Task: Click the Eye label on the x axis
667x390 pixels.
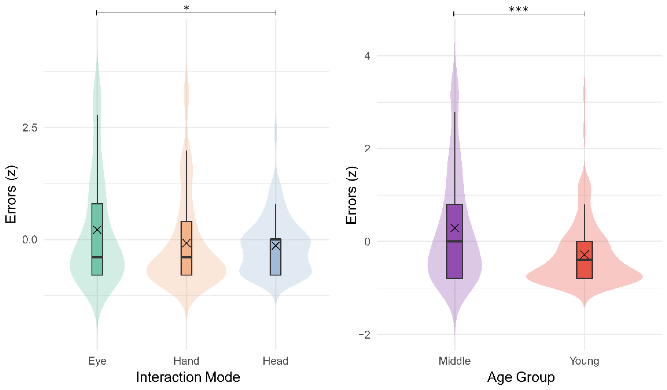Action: point(97,361)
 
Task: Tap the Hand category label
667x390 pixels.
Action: point(186,361)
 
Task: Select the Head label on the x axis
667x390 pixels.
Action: point(275,361)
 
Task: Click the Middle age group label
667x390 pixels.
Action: point(454,361)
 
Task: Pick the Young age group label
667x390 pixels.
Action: point(584,361)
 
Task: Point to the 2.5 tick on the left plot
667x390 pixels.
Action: point(30,128)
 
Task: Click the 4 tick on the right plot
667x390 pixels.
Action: point(367,56)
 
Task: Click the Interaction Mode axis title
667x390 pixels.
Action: point(188,377)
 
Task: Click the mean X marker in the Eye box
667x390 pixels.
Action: point(97,229)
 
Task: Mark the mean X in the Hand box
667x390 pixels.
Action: point(186,243)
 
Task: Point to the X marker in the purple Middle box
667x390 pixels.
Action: point(455,228)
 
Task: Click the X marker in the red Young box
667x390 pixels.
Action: point(584,255)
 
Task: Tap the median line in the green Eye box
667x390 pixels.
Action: point(97,257)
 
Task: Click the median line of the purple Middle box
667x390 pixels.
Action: point(454,241)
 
